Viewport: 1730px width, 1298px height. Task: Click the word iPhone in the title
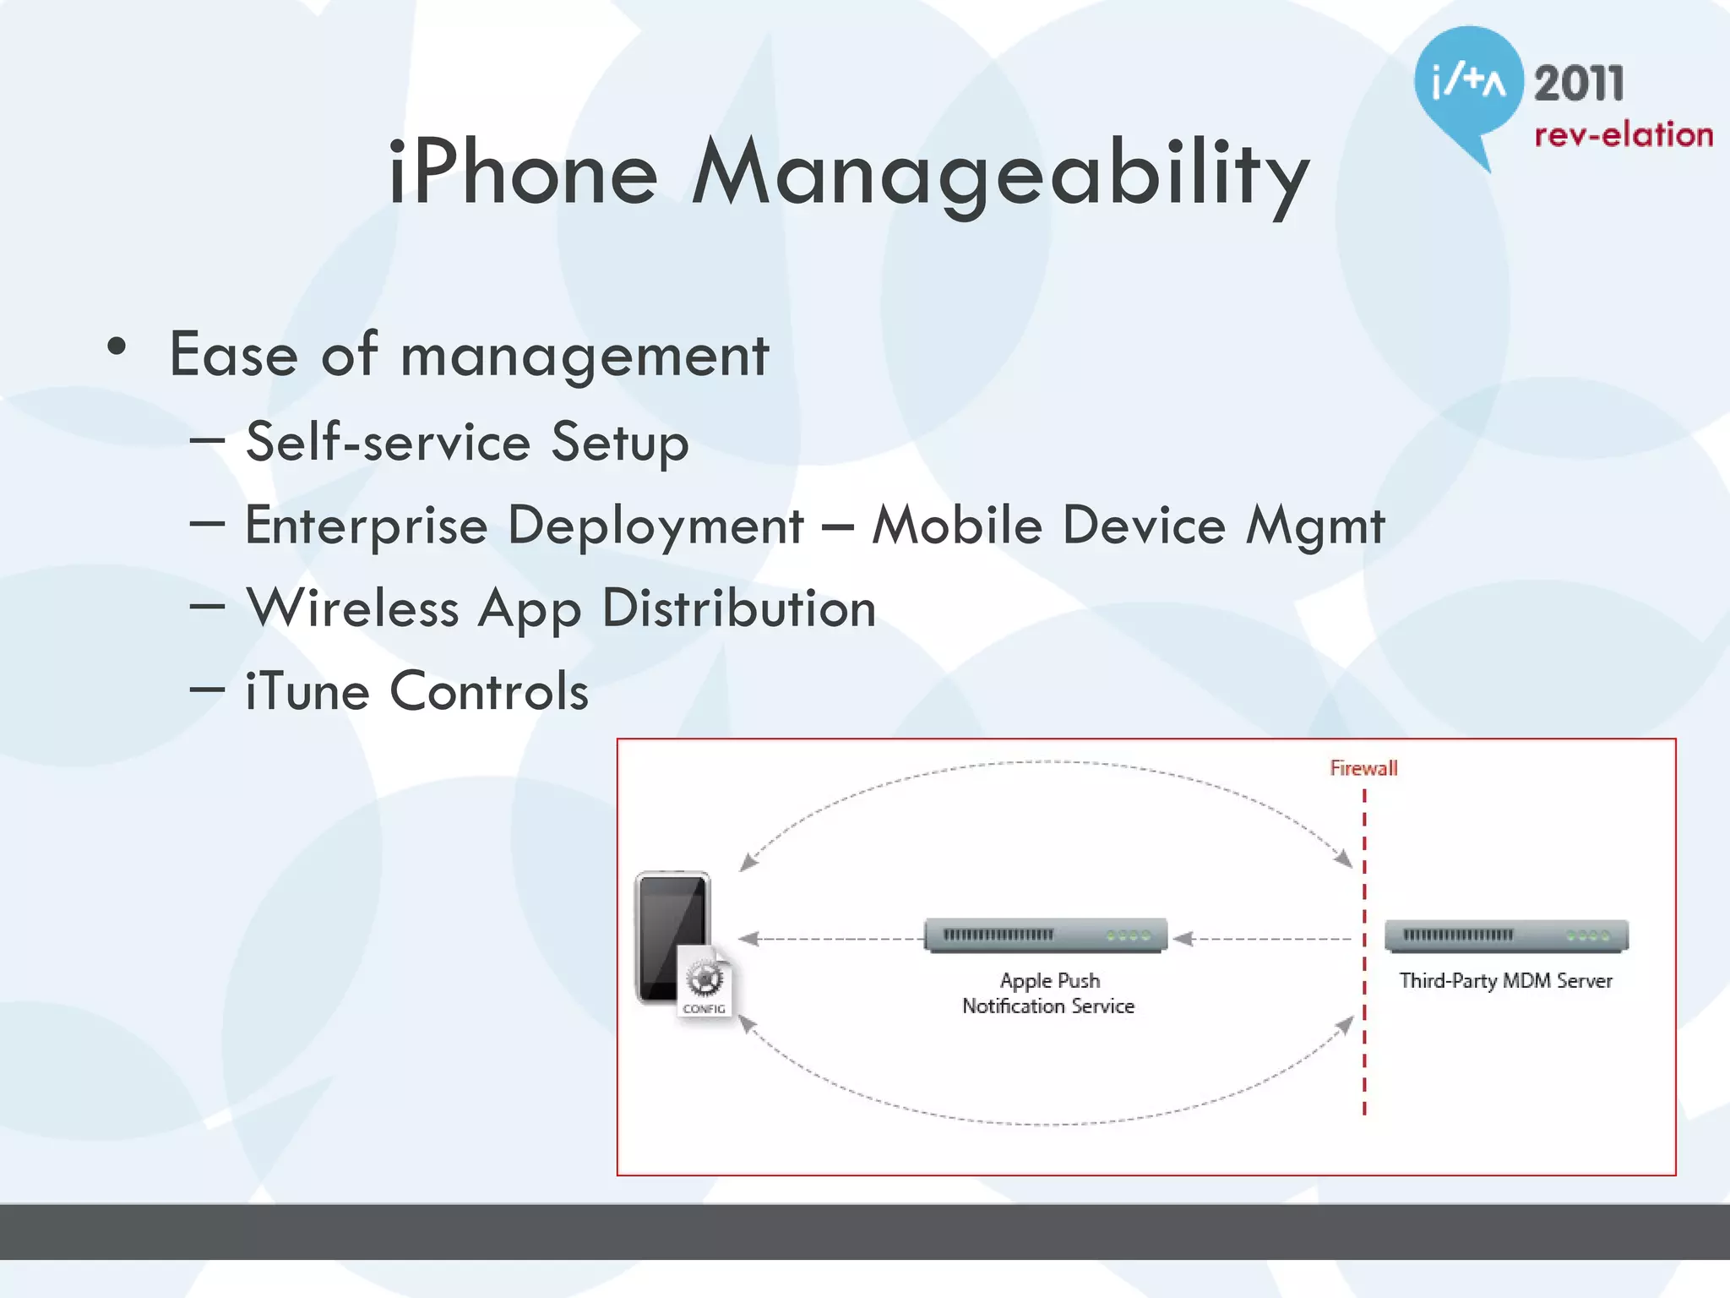pyautogui.click(x=522, y=173)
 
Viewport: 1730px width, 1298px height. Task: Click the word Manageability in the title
pyautogui.click(x=1001, y=177)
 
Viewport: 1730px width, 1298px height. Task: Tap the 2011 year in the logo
pyautogui.click(x=1578, y=85)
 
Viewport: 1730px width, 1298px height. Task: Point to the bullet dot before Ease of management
pyautogui.click(x=117, y=346)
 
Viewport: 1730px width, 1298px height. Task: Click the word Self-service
pyautogui.click(x=389, y=442)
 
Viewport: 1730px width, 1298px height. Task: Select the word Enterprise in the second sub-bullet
pyautogui.click(x=367, y=526)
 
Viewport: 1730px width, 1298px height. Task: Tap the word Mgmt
pyautogui.click(x=1315, y=526)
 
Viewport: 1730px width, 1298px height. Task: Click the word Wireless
pyautogui.click(x=353, y=608)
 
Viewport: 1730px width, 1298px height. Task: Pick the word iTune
pyautogui.click(x=307, y=691)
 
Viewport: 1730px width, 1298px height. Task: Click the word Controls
pyautogui.click(x=489, y=691)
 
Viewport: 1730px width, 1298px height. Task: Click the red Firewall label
pyautogui.click(x=1363, y=768)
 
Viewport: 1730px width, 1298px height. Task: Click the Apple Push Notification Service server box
pyautogui.click(x=1046, y=935)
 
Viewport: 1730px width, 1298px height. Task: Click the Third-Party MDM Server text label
pyautogui.click(x=1505, y=981)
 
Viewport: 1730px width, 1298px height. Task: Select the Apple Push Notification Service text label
pyautogui.click(x=1048, y=994)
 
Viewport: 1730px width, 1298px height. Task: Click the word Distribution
pyautogui.click(x=739, y=608)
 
